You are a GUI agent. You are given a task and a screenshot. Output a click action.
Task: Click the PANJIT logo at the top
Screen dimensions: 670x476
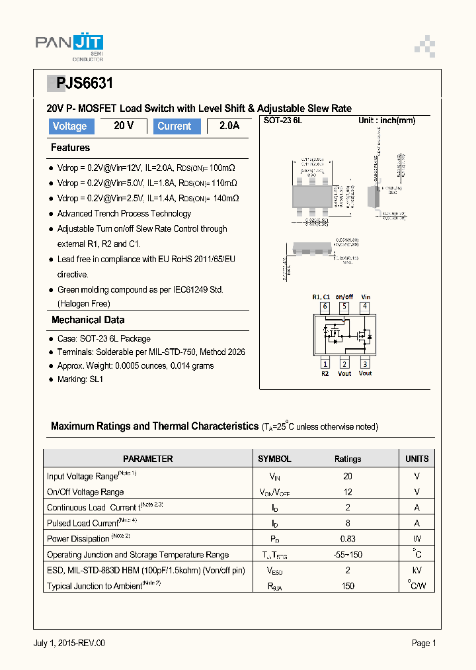tap(69, 44)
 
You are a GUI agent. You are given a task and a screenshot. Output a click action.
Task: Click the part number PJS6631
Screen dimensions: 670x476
tap(85, 83)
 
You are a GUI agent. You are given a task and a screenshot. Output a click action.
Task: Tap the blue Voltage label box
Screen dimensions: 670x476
tap(69, 126)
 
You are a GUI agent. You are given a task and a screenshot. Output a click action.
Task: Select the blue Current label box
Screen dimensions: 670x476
tap(175, 126)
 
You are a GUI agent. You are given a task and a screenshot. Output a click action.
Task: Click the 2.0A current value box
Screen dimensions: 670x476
tap(229, 126)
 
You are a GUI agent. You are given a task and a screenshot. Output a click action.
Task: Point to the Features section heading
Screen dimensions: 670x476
tap(70, 148)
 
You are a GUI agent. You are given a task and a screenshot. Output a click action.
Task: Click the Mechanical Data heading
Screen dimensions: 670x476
tap(88, 320)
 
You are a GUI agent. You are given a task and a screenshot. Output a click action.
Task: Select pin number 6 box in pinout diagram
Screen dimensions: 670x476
tap(325, 307)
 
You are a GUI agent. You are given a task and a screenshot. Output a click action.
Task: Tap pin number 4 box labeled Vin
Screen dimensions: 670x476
tap(364, 307)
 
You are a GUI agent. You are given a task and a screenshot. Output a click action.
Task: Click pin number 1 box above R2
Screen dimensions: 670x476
tap(325, 363)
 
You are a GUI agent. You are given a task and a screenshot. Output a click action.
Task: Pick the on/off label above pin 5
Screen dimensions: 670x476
tap(344, 297)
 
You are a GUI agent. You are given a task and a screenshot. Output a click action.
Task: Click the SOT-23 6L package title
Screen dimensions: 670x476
tap(283, 120)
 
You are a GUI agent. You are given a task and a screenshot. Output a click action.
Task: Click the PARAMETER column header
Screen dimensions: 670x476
tap(148, 459)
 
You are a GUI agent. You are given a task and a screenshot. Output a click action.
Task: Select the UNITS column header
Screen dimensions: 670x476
tap(416, 459)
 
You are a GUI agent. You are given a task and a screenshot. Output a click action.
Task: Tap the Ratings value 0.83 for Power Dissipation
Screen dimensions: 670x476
tap(348, 539)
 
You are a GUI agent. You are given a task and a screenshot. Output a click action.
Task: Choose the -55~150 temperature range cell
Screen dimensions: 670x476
tap(348, 555)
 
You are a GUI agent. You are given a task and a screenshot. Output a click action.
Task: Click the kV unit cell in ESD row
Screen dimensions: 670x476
tap(416, 570)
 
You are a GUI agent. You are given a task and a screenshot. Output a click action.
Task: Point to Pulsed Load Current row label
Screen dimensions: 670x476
tap(91, 523)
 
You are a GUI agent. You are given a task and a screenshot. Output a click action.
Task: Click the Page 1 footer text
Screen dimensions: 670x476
tap(424, 643)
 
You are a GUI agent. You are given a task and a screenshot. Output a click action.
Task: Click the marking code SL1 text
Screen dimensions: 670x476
tap(96, 379)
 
